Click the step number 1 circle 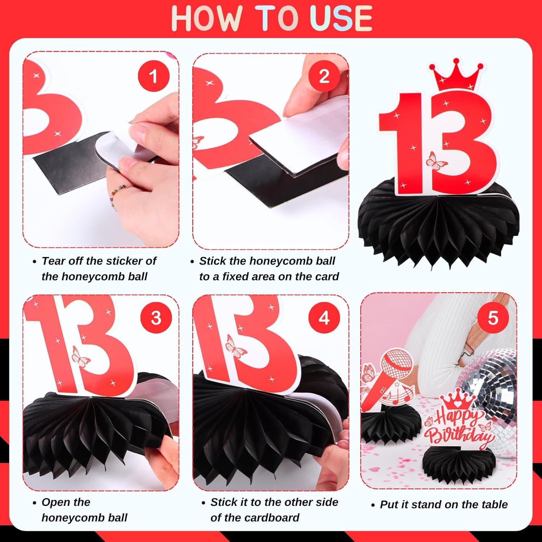(154, 77)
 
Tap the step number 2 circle (324, 77)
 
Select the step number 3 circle (156, 318)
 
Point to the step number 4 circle (324, 318)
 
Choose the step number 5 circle (493, 318)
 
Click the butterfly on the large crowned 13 (436, 161)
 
